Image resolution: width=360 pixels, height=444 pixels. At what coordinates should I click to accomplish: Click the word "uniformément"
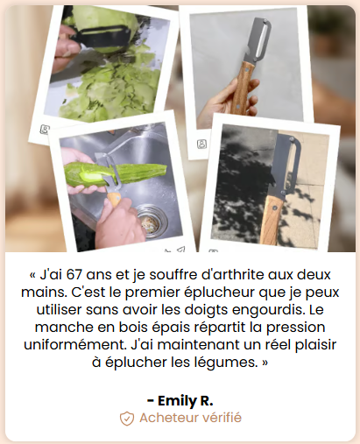pyautogui.click(x=75, y=345)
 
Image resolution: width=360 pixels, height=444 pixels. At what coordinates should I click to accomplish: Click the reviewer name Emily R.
pyautogui.click(x=180, y=400)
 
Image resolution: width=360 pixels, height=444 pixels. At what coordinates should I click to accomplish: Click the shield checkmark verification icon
pyautogui.click(x=127, y=419)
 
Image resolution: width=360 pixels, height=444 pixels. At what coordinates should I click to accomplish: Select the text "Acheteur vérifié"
pyautogui.click(x=190, y=418)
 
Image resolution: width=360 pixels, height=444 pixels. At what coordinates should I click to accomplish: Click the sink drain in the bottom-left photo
pyautogui.click(x=152, y=221)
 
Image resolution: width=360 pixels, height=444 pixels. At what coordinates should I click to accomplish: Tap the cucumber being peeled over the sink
pyautogui.click(x=116, y=175)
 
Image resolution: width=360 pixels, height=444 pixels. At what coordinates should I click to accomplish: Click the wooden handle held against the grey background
pyautogui.click(x=242, y=87)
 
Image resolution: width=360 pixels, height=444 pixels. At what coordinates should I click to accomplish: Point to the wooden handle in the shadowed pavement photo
pyautogui.click(x=272, y=219)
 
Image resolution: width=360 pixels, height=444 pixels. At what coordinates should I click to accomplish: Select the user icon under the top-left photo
pyautogui.click(x=45, y=129)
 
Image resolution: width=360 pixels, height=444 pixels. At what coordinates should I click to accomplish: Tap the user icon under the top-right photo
pyautogui.click(x=201, y=144)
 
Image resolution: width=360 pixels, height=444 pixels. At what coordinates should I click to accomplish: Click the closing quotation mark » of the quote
pyautogui.click(x=265, y=363)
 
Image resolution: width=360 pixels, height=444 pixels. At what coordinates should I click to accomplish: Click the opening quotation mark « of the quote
pyautogui.click(x=32, y=275)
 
